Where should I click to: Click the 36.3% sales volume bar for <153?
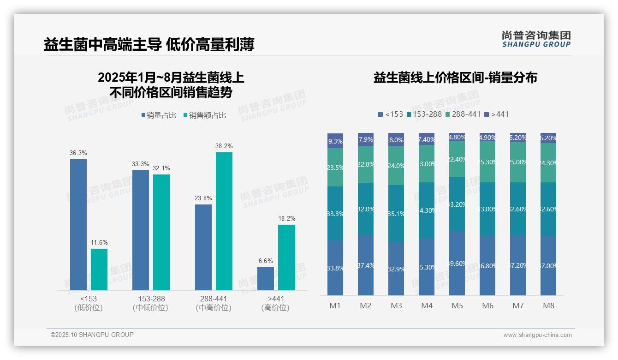tap(78, 225)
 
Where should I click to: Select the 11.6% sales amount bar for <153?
tap(99, 270)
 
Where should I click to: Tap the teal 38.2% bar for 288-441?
tap(224, 221)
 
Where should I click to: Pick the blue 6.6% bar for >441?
tap(266, 279)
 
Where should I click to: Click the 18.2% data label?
tap(286, 218)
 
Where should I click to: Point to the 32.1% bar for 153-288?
tap(161, 232)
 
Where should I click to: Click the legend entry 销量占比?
tap(158, 115)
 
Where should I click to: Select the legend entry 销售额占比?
tap(204, 115)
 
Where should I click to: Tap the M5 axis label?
tap(457, 306)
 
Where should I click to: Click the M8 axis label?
tap(548, 306)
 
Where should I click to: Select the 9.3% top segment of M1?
tap(335, 141)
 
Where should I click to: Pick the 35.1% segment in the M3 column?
tap(396, 214)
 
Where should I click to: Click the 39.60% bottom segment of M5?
tap(457, 263)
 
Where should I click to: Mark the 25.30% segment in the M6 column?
tap(487, 162)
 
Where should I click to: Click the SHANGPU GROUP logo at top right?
tap(536, 39)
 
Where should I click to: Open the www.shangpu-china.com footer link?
tap(537, 335)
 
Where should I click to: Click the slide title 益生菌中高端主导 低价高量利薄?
tap(149, 45)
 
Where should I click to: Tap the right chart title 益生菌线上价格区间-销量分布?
tap(455, 78)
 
